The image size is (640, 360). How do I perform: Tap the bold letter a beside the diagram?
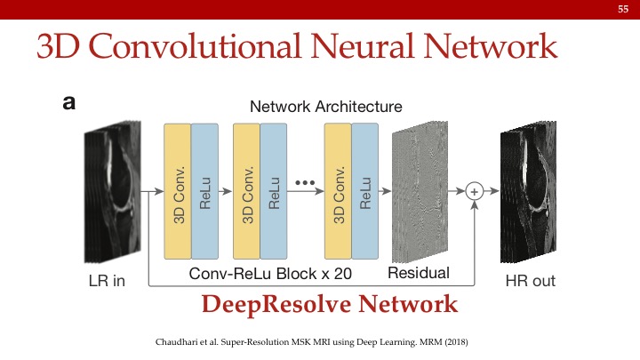point(68,103)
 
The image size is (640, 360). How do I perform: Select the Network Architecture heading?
point(325,107)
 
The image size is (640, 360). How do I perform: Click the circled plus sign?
point(475,191)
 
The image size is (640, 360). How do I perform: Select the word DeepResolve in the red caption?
point(277,305)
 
